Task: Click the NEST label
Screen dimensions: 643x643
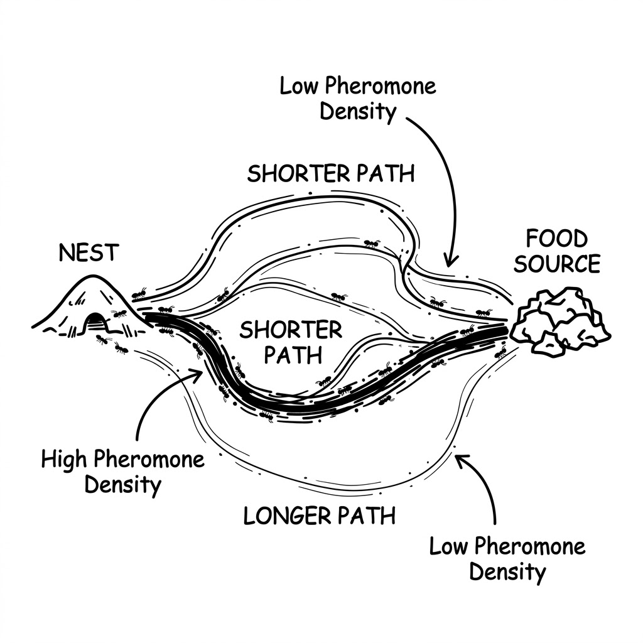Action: click(x=89, y=252)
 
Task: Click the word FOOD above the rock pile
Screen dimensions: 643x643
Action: click(x=556, y=239)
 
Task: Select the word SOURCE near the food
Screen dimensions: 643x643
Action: click(x=557, y=264)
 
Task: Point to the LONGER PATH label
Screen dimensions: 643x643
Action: click(x=320, y=516)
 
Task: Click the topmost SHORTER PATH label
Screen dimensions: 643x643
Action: click(x=330, y=173)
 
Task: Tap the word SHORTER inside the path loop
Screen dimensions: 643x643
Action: click(x=291, y=330)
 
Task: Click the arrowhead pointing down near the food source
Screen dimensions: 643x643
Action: click(x=451, y=261)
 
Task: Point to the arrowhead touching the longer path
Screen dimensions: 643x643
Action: click(x=463, y=461)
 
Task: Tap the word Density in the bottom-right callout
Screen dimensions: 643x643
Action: click(x=507, y=571)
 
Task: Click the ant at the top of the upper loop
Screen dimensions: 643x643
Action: click(x=372, y=244)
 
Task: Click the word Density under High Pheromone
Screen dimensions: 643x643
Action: click(x=123, y=485)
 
